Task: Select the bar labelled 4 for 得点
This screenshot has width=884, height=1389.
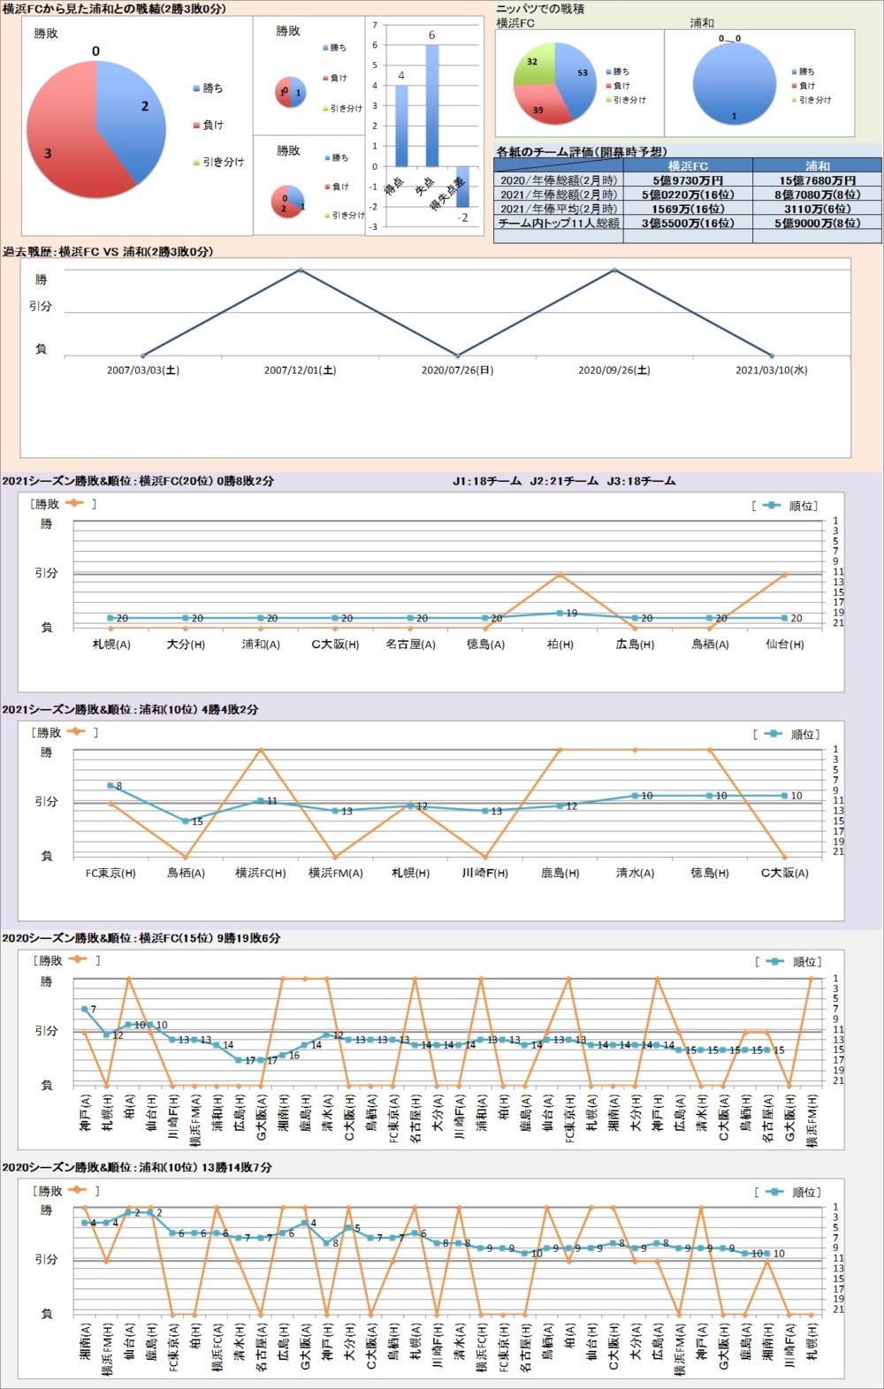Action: pyautogui.click(x=401, y=126)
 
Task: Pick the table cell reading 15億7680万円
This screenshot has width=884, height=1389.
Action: pyautogui.click(x=818, y=180)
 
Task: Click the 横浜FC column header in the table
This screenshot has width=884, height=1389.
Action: pyautogui.click(x=688, y=166)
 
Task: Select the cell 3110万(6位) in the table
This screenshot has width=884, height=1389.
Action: pyautogui.click(x=818, y=209)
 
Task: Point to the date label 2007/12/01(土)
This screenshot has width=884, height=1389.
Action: pyautogui.click(x=300, y=370)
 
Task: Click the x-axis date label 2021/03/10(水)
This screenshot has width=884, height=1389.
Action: pyautogui.click(x=771, y=370)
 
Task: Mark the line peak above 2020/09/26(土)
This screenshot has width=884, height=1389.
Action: pyautogui.click(x=614, y=270)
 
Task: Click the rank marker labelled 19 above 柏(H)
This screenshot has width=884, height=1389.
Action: pyautogui.click(x=560, y=613)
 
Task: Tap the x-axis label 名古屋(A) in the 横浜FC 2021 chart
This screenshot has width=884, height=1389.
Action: pyautogui.click(x=410, y=645)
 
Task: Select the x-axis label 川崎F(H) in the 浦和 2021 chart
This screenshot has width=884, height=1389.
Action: pyautogui.click(x=484, y=873)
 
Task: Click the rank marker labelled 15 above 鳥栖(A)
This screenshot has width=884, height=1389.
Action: pyautogui.click(x=186, y=821)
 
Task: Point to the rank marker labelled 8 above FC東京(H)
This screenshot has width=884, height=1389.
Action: pyautogui.click(x=110, y=785)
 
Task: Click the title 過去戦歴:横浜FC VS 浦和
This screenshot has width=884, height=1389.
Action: pyautogui.click(x=107, y=252)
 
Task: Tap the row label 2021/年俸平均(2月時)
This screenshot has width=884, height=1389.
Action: pyautogui.click(x=558, y=209)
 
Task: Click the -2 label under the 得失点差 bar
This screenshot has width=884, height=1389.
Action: pyautogui.click(x=462, y=218)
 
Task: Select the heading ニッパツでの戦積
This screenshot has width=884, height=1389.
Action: pyautogui.click(x=540, y=9)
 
